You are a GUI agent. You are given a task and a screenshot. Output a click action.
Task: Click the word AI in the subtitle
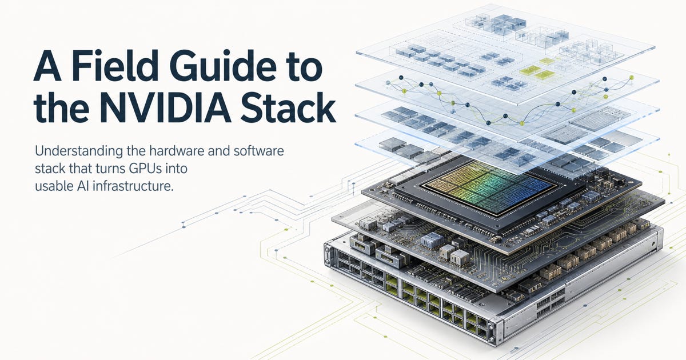point(81,186)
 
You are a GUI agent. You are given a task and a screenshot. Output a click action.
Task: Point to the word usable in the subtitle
point(53,186)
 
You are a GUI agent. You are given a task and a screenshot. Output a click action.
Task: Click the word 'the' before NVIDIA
point(62,107)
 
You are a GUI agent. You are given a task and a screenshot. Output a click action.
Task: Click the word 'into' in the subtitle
point(176,169)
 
